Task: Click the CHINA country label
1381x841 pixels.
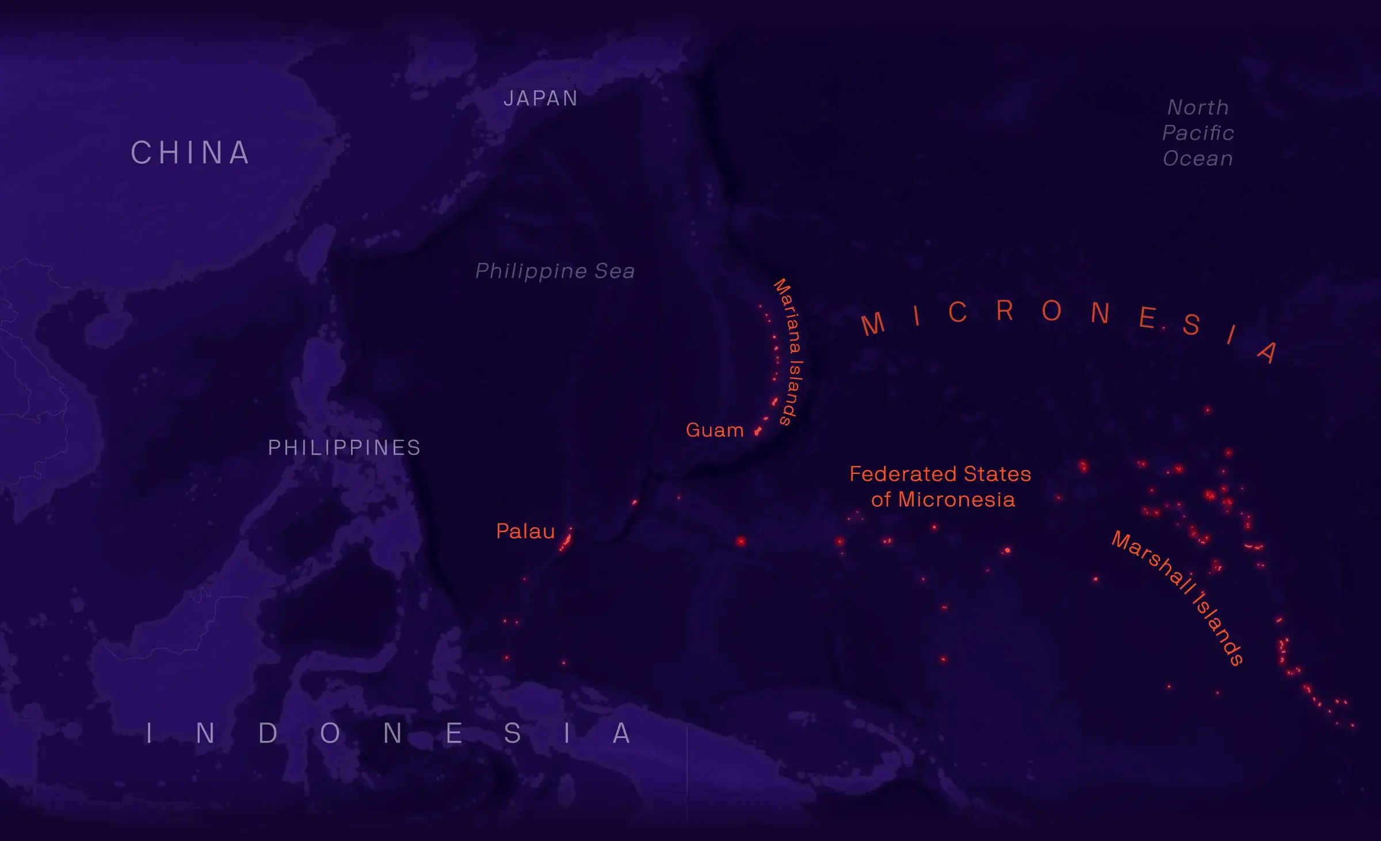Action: click(x=190, y=153)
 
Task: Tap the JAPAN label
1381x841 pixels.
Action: click(x=540, y=99)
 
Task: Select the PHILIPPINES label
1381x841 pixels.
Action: click(x=344, y=448)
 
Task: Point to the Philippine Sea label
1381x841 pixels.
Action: click(x=555, y=271)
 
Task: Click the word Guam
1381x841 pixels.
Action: click(x=715, y=430)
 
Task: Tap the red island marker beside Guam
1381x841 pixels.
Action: click(x=758, y=430)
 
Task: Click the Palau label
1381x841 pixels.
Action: click(x=525, y=532)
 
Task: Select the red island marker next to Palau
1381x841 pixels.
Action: click(x=566, y=541)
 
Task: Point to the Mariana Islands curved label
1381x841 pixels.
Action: click(x=789, y=351)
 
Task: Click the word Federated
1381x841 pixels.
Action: click(x=903, y=475)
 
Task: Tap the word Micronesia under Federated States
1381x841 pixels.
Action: click(x=956, y=500)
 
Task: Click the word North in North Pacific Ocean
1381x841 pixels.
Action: click(x=1198, y=108)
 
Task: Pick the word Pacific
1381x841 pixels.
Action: click(x=1198, y=133)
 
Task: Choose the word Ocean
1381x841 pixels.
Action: click(x=1198, y=159)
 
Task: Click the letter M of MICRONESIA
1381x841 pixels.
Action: click(x=873, y=324)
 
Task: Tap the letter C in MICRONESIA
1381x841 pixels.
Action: click(x=957, y=313)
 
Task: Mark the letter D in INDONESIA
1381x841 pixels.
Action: click(x=268, y=733)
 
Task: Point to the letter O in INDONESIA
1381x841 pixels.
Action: click(x=330, y=733)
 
